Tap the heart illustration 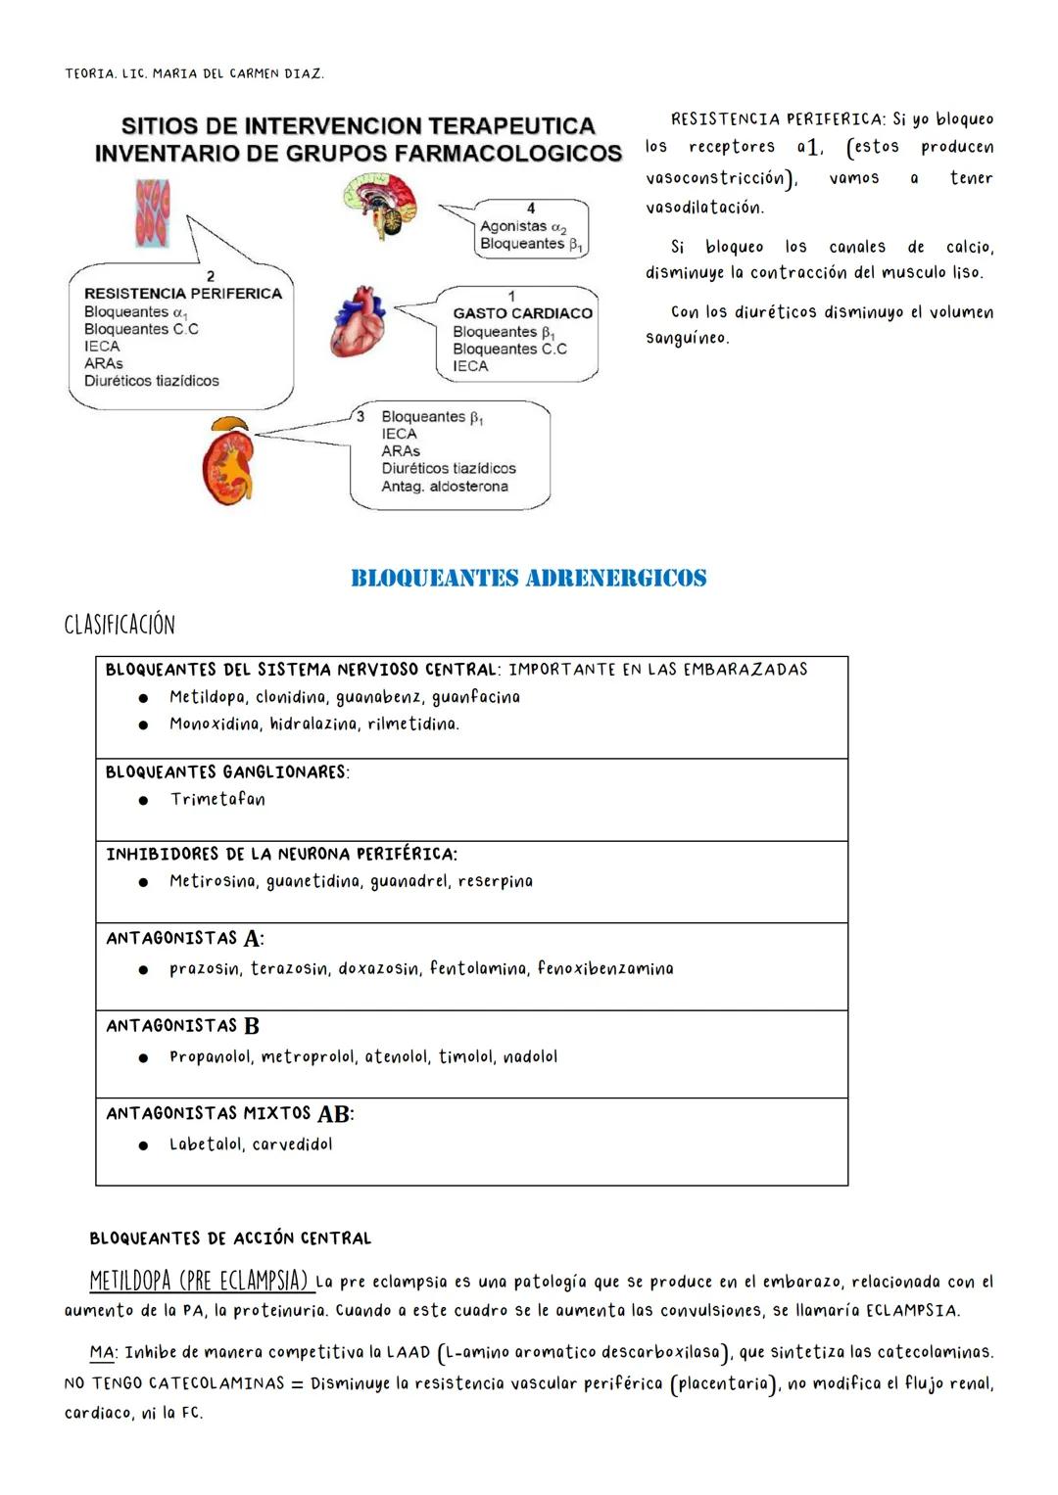pos(357,321)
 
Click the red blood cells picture pos(152,213)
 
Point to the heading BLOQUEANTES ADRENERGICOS pos(528,579)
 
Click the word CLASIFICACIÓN pos(120,625)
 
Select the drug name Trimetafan pos(217,799)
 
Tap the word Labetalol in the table pos(206,1144)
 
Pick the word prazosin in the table pos(205,968)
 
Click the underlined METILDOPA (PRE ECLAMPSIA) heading pos(199,1281)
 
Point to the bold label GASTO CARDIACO pos(522,313)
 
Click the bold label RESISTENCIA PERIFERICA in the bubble pos(183,294)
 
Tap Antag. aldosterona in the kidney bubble pos(445,487)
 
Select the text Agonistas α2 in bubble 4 pos(523,226)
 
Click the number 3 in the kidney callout pos(361,416)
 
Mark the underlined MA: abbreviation pos(103,1352)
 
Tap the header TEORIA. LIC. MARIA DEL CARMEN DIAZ pos(194,73)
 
